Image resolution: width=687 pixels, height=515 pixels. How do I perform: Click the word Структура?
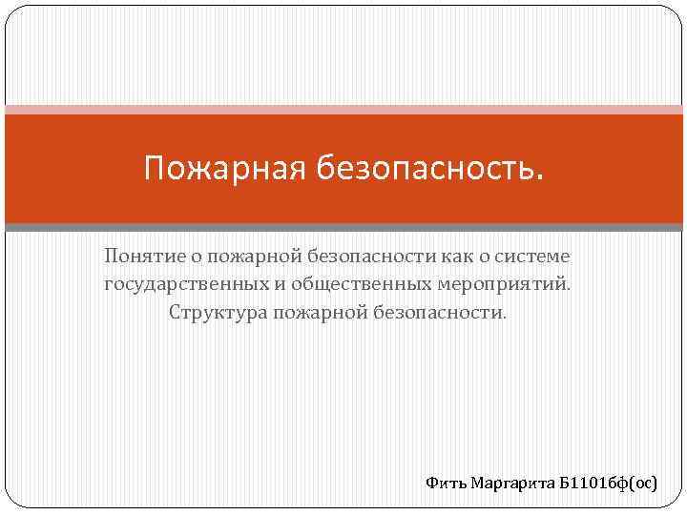pyautogui.click(x=215, y=313)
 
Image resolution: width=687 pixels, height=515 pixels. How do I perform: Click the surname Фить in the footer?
pyautogui.click(x=446, y=484)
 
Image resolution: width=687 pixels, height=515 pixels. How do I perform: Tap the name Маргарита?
pyautogui.click(x=511, y=484)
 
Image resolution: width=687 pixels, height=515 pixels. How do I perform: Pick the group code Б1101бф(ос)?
pyautogui.click(x=608, y=484)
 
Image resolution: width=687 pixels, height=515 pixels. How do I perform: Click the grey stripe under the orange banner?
pyautogui.click(x=343, y=227)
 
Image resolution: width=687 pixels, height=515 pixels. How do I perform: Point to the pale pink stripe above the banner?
pyautogui.click(x=343, y=109)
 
